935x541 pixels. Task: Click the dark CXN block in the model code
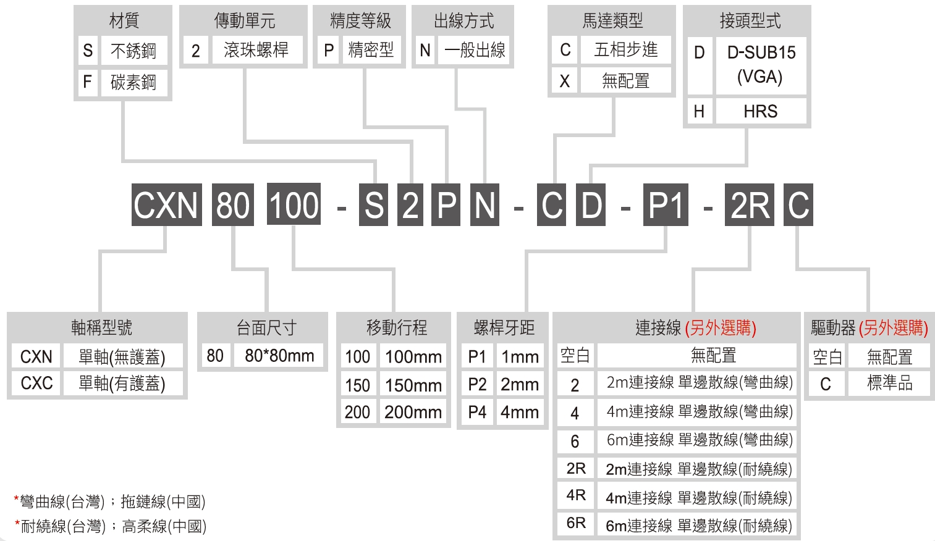coord(167,205)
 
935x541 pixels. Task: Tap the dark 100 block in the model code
coord(294,204)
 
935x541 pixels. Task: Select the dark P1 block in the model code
coord(666,205)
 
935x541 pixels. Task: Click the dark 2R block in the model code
coord(749,205)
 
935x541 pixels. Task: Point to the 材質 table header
coord(124,20)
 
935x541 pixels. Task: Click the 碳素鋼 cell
coord(133,82)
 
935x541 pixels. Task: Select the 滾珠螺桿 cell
coord(256,50)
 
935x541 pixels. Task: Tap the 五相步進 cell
coord(625,49)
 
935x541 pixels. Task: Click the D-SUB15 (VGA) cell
coord(761,65)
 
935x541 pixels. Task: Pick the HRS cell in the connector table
coord(761,111)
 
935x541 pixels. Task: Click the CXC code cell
coord(36,383)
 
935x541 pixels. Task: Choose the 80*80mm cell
coord(279,355)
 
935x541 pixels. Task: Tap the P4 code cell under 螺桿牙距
coord(477,412)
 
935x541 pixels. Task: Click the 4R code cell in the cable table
coord(575,495)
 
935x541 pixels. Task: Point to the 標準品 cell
coord(889,383)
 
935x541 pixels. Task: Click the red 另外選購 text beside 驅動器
coord(894,328)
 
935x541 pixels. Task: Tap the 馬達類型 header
coord(612,20)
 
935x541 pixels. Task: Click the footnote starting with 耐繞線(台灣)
coord(111,526)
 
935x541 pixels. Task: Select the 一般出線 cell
coord(474,50)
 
